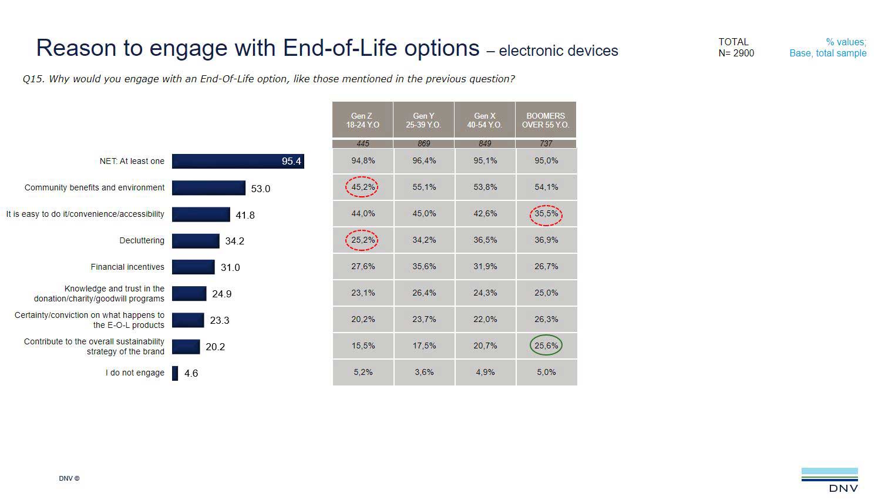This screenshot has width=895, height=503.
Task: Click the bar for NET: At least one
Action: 238,161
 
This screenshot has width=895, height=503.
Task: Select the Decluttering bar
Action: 196,241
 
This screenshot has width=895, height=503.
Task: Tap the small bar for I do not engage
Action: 175,373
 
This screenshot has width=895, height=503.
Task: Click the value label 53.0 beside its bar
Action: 261,189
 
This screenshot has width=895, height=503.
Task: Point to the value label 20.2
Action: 215,347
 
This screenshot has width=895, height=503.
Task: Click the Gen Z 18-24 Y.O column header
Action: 362,120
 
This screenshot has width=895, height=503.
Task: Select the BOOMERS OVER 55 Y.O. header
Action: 546,120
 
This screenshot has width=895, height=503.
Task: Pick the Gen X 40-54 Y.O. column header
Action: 484,120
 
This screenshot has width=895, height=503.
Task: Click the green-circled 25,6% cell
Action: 546,346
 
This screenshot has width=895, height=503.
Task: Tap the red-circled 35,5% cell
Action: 546,214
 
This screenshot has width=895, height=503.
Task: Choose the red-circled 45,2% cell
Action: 362,187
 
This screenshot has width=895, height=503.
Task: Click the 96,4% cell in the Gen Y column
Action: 424,160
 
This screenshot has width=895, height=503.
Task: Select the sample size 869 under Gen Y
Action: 424,143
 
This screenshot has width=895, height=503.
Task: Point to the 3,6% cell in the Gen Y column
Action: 424,372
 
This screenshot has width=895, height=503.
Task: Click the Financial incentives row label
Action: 127,267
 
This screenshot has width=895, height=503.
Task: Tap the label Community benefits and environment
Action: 95,187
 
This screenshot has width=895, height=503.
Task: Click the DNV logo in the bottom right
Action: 830,479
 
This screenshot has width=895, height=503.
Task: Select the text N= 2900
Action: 736,53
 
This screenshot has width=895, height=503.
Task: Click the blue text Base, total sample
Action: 827,53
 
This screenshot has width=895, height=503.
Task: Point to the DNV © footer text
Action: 69,478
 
